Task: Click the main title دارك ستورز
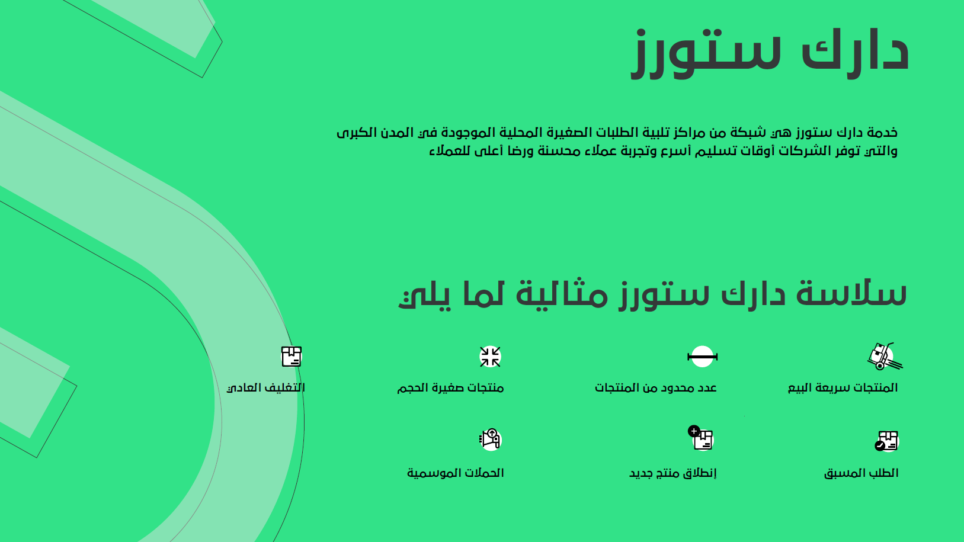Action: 770,53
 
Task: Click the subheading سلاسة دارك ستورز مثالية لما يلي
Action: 652,294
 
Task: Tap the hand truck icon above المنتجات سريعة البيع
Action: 885,357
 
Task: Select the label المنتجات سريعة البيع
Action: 843,388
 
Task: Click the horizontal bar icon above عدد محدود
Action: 702,357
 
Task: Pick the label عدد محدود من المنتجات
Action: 656,388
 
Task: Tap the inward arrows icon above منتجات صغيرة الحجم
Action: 490,357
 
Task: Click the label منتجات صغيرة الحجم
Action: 450,388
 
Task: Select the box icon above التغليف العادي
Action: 292,357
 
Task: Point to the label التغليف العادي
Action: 265,388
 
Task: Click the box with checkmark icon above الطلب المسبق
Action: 887,441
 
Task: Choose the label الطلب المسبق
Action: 861,473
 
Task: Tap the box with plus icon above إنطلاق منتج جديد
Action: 700,438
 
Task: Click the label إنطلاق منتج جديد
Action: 673,473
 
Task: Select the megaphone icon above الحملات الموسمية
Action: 490,440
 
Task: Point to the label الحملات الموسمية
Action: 455,473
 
